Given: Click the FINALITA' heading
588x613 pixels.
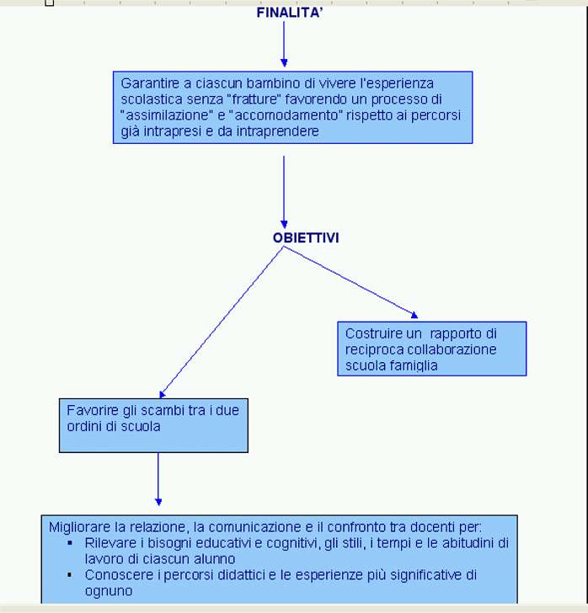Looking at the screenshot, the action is point(290,13).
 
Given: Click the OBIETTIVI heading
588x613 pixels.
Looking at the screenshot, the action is point(306,237).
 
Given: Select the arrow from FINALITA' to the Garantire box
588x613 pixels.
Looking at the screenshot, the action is point(284,44).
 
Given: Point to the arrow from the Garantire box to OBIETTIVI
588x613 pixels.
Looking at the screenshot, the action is point(284,192).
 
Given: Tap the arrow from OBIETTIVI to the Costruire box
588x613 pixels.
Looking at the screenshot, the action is point(351,282).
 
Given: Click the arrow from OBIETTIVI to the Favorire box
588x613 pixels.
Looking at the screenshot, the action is point(222,322).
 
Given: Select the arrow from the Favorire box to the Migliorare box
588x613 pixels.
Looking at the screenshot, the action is point(158,479).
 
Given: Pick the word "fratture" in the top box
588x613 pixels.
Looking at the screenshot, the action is point(254,99).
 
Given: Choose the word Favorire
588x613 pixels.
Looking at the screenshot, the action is point(93,411).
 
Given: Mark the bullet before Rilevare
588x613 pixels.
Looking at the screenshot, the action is point(70,543).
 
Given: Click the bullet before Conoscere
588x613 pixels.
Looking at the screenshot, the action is point(70,575).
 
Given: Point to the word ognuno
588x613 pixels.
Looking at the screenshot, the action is point(109,591).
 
